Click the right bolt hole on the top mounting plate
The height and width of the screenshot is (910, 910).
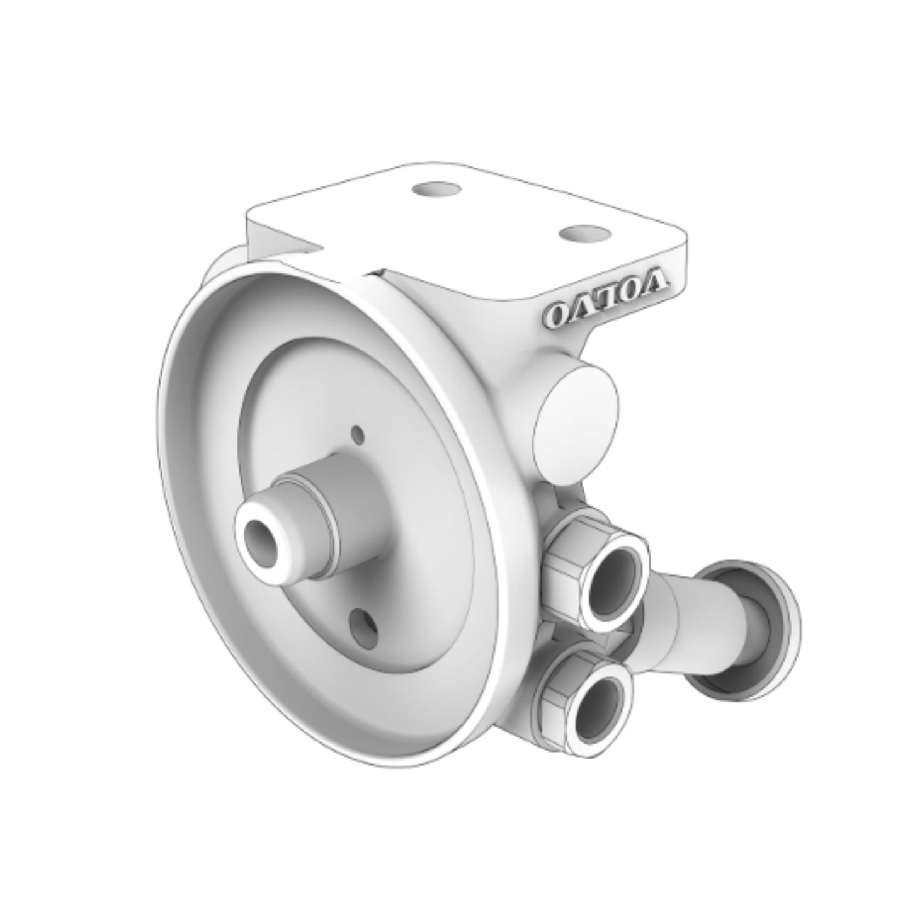click(584, 234)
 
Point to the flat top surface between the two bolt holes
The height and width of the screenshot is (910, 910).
click(504, 214)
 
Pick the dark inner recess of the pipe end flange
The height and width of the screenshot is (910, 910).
click(756, 630)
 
